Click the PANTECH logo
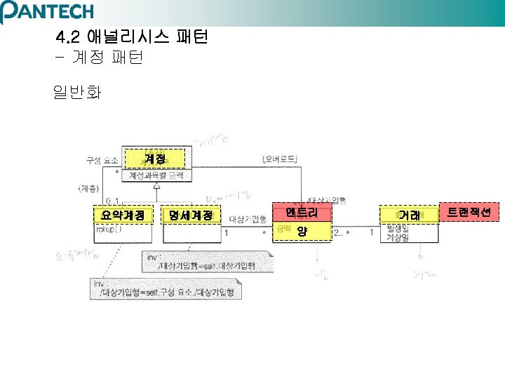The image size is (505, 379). point(47,11)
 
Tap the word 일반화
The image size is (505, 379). point(76,92)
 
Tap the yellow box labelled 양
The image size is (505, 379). point(302,231)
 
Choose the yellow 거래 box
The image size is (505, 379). point(409,215)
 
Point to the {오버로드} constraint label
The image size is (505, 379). point(278,160)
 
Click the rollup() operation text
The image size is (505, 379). point(109,229)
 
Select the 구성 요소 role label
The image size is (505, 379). point(102,160)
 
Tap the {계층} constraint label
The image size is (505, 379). point(90,188)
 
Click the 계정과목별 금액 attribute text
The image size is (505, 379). point(155,175)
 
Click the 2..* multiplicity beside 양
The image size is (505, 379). point(342,232)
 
